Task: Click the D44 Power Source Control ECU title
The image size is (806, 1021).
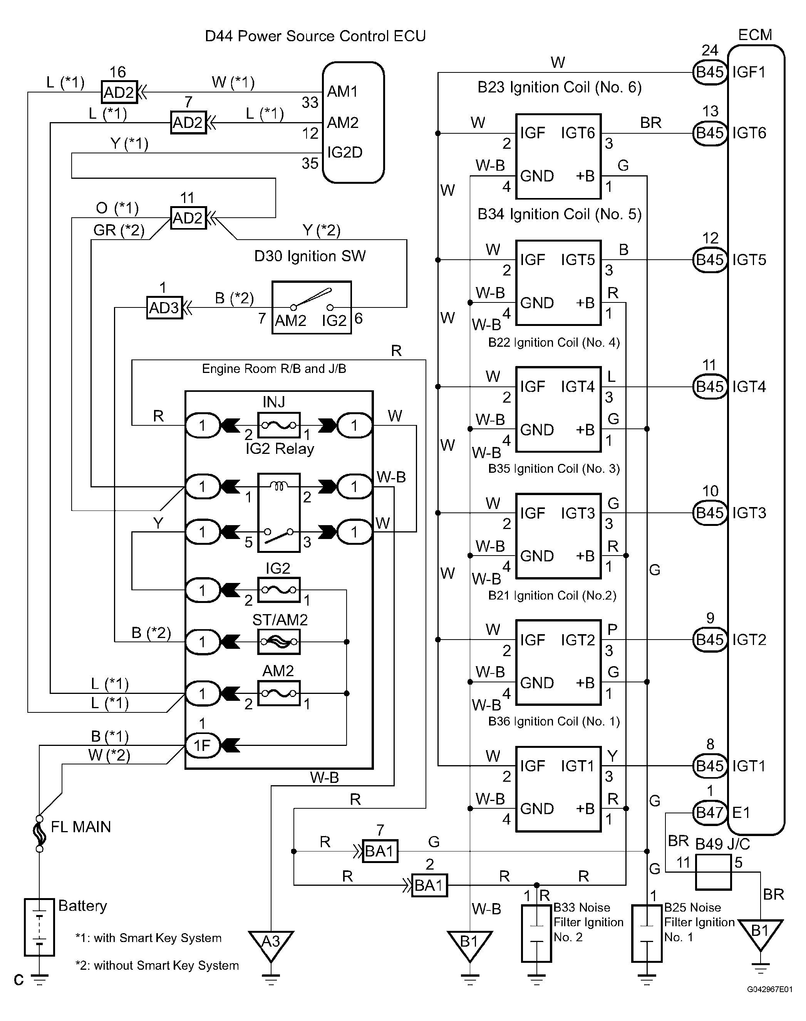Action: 315,36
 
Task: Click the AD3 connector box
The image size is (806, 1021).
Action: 164,308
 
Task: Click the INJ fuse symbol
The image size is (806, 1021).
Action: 279,425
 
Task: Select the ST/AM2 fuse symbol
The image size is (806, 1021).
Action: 279,641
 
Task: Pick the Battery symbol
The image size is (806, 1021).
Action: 40,927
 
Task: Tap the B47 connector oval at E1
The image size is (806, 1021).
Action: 710,812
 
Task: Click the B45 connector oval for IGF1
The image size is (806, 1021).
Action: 710,72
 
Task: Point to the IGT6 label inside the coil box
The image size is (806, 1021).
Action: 578,133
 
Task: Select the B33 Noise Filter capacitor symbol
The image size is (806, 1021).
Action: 536,933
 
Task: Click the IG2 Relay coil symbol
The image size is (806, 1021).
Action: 279,486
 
